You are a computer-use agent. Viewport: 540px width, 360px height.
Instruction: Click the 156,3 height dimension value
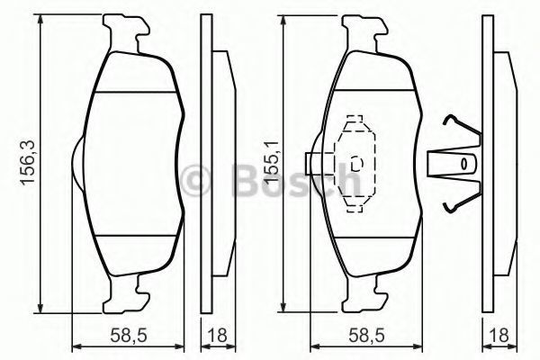tap(28, 163)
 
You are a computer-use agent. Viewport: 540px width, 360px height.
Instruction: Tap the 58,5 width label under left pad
tap(128, 335)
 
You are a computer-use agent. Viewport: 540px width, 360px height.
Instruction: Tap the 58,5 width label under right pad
tap(366, 335)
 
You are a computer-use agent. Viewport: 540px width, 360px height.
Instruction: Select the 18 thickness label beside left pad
tap(218, 335)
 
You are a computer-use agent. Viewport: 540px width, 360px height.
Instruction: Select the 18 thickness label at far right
tap(499, 335)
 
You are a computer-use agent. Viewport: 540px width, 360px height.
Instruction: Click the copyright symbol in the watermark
tap(196, 179)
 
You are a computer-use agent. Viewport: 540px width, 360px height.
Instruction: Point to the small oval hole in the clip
tap(463, 164)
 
